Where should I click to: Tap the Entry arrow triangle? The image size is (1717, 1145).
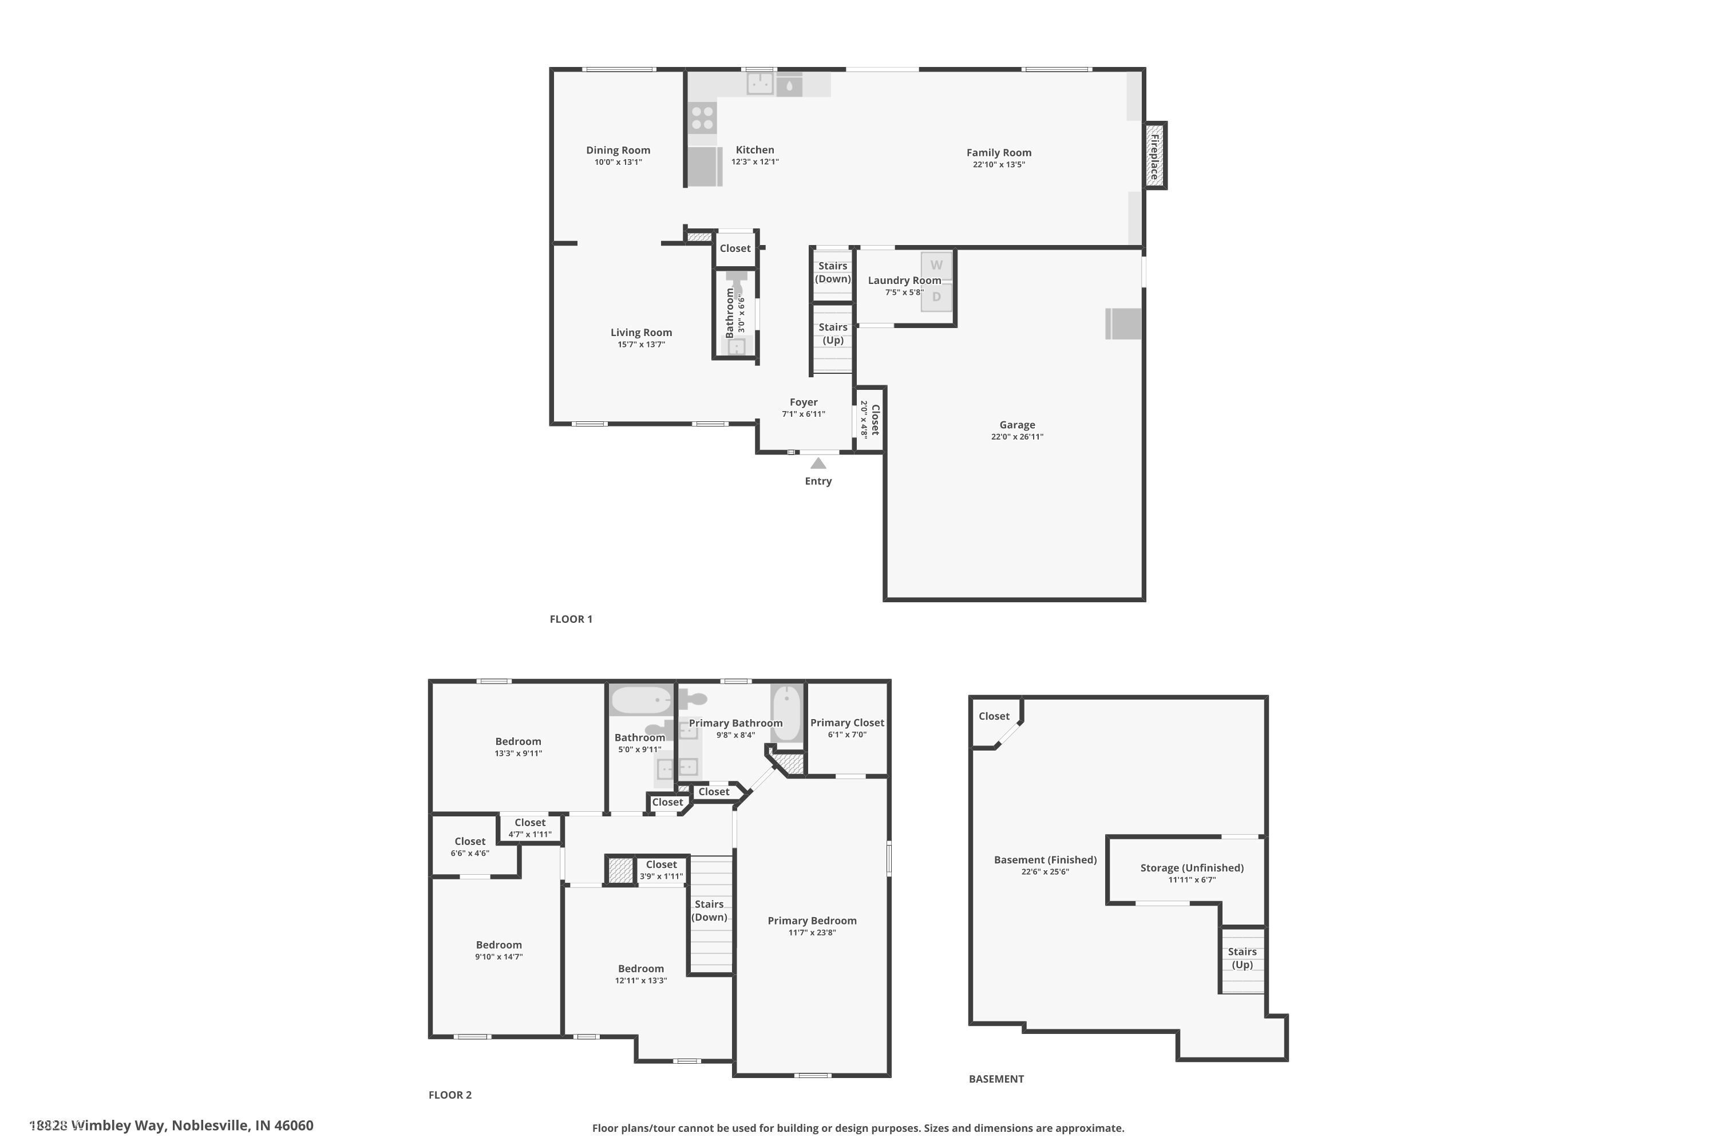coord(818,463)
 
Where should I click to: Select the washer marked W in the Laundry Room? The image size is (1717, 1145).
coord(936,265)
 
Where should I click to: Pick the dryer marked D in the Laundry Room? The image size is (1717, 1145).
coord(936,297)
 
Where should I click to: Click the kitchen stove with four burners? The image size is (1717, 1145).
coord(702,119)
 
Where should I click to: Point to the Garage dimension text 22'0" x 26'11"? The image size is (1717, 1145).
coord(1017,437)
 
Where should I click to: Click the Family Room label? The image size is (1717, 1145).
coord(999,153)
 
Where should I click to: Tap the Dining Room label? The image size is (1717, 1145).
coord(618,149)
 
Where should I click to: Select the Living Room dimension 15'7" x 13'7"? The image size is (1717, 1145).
coord(641,345)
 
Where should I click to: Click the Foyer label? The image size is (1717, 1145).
coord(804,402)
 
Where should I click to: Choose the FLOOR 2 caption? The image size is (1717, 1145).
coord(450,1095)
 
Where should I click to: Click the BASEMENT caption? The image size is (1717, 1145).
coord(996,1079)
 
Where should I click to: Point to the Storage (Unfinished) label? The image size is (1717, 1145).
coord(1192,867)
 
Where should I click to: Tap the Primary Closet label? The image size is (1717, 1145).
coord(847,722)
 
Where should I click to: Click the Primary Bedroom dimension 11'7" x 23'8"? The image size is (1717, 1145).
coord(812,933)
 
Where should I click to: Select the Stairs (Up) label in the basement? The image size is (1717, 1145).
coord(1242,958)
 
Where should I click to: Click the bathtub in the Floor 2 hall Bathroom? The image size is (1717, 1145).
coord(640,700)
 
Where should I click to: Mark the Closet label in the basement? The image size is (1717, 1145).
coord(994,716)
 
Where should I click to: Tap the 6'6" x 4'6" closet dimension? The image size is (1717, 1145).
coord(469,853)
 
